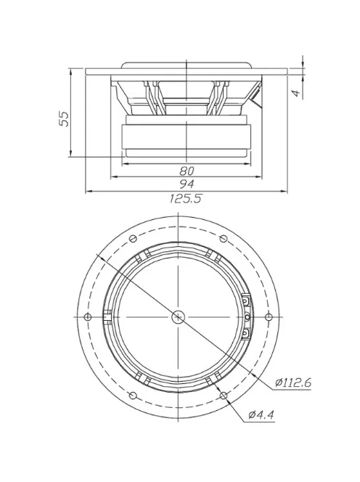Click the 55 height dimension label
[63, 118]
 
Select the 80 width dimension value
[187, 171]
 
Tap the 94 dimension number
[187, 184]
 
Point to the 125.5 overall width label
[187, 198]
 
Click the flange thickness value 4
[295, 93]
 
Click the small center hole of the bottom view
[178, 316]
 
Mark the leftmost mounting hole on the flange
[87, 316]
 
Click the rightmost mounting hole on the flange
[269, 316]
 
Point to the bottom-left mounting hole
[132, 395]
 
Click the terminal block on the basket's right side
[247, 316]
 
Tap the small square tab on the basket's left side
[108, 316]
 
